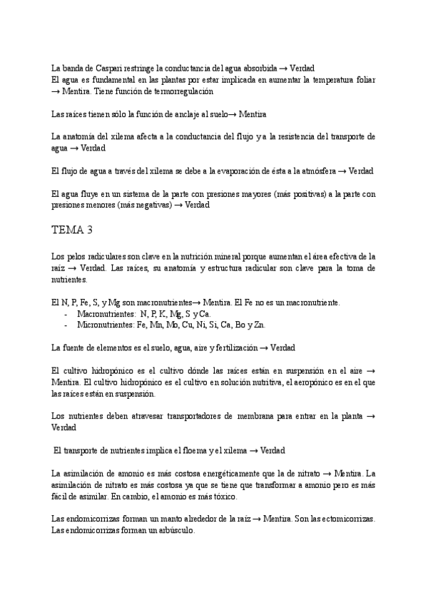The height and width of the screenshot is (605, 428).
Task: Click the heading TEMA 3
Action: coord(72,230)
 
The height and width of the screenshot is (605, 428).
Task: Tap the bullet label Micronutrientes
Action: coord(105,325)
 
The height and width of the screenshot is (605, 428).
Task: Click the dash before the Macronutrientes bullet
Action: coord(66,314)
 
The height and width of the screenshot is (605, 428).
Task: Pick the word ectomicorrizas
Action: coord(346,519)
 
